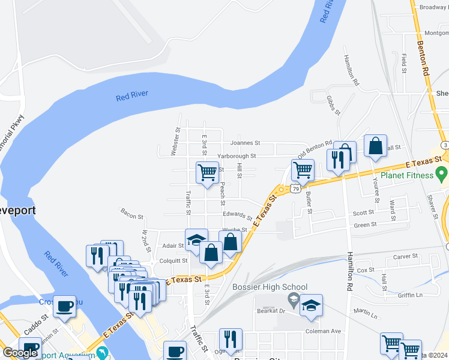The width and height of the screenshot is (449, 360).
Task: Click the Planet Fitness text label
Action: point(405,175)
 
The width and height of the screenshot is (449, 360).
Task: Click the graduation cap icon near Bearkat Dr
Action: point(311,305)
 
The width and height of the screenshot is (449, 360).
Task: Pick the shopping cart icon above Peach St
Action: point(208,173)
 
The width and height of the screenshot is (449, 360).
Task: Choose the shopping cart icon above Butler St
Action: point(303,170)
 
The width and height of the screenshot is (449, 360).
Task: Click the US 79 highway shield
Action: point(295,189)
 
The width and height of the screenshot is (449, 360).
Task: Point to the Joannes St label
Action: point(245,143)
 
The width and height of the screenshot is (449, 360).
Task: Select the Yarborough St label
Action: point(237,156)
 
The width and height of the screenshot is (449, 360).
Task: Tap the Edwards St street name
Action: point(238,215)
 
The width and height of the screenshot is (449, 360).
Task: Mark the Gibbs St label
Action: point(334,104)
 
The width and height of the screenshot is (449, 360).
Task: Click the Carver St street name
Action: point(405,257)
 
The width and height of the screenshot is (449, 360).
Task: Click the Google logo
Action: point(19,353)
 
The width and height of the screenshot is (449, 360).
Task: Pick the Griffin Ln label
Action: point(410,295)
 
